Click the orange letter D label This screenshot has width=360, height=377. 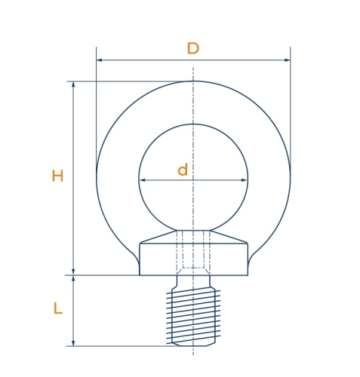tap(193, 48)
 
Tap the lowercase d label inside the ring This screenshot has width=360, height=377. tap(183, 170)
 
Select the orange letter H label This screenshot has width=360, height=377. tap(57, 176)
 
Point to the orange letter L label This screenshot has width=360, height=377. tap(58, 308)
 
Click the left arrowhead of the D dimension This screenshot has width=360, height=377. tap(99, 60)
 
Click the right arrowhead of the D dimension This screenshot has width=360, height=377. tap(287, 60)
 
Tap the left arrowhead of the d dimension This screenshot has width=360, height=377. tap(143, 180)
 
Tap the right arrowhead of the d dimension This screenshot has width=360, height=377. tap(244, 180)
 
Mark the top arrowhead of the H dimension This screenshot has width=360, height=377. tap(73, 84)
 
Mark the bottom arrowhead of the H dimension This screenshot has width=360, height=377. tap(73, 272)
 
